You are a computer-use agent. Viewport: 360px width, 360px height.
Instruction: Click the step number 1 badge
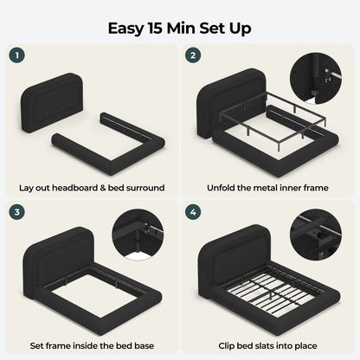pyautogui.click(x=17, y=55)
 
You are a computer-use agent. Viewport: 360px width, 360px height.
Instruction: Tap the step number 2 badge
pyautogui.click(x=193, y=55)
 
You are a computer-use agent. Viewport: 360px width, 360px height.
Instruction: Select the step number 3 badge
pyautogui.click(x=17, y=212)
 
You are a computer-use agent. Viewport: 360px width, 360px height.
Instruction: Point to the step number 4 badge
pyautogui.click(x=193, y=212)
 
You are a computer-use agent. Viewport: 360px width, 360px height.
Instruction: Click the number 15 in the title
pyautogui.click(x=154, y=28)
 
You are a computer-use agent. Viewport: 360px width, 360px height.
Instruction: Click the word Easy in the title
pyautogui.click(x=125, y=29)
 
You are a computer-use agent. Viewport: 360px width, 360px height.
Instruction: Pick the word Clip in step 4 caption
pyautogui.click(x=226, y=345)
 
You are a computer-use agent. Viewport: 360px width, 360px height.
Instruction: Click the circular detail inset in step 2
pyautogui.click(x=316, y=78)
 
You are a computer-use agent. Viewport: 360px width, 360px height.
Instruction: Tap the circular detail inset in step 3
pyautogui.click(x=138, y=235)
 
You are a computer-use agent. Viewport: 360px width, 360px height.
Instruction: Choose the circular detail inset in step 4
pyautogui.click(x=316, y=235)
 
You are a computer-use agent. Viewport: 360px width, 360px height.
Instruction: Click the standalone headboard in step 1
pyautogui.click(x=53, y=102)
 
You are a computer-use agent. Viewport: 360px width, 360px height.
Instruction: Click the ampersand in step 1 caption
pyautogui.click(x=103, y=188)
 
